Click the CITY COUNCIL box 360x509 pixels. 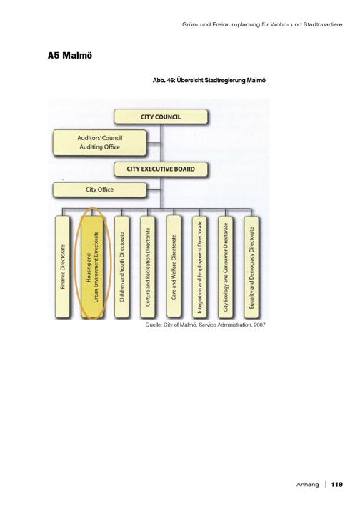tap(161, 117)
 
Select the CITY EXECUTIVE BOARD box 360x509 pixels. tap(161, 169)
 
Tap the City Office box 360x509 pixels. tap(100, 190)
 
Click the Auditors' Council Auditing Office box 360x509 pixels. tap(100, 143)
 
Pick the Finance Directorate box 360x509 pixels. tap(63, 267)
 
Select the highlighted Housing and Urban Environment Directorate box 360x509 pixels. tap(92, 267)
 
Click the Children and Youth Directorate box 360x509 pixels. tap(122, 267)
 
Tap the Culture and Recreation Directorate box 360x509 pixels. tap(148, 267)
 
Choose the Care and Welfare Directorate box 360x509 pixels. tap(174, 266)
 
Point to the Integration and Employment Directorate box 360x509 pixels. tap(200, 267)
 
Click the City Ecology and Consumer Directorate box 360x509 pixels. tap(226, 267)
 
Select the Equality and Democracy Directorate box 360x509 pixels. tap(251, 267)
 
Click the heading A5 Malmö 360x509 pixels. tap(70, 56)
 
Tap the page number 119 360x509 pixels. tap(336, 484)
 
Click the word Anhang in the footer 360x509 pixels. tap(307, 485)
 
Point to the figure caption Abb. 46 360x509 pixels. tap(164, 80)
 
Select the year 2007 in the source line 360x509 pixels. tap(259, 325)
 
